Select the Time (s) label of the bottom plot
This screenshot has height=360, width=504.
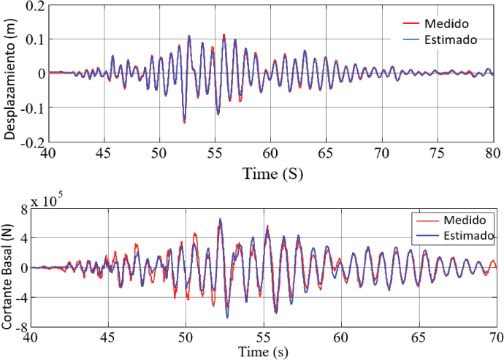(x=264, y=352)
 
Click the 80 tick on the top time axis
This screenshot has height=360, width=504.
(x=493, y=153)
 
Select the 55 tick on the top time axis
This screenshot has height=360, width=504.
(x=215, y=153)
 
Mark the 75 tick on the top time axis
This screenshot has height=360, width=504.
(x=437, y=153)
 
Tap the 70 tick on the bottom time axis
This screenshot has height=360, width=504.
(x=495, y=338)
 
